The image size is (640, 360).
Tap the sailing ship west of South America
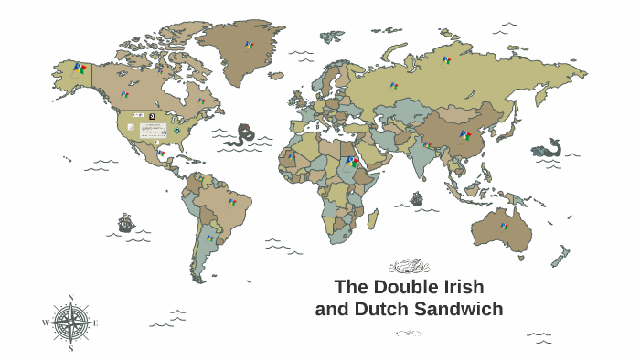coord(126,222)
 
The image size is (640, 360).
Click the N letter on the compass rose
coord(70,298)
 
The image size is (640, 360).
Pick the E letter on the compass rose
coord(95,323)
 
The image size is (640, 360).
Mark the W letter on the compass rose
coord(45,323)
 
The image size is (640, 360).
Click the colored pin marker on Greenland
coord(249,45)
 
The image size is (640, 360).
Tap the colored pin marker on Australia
coord(504,226)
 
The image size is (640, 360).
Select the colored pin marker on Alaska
coord(80,69)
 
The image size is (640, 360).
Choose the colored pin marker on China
coord(465,136)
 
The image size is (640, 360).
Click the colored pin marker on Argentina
coord(211,238)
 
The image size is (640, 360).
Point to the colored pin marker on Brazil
coord(232,201)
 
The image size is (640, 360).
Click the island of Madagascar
coord(373,218)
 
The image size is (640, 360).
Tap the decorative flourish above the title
coord(409,267)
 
